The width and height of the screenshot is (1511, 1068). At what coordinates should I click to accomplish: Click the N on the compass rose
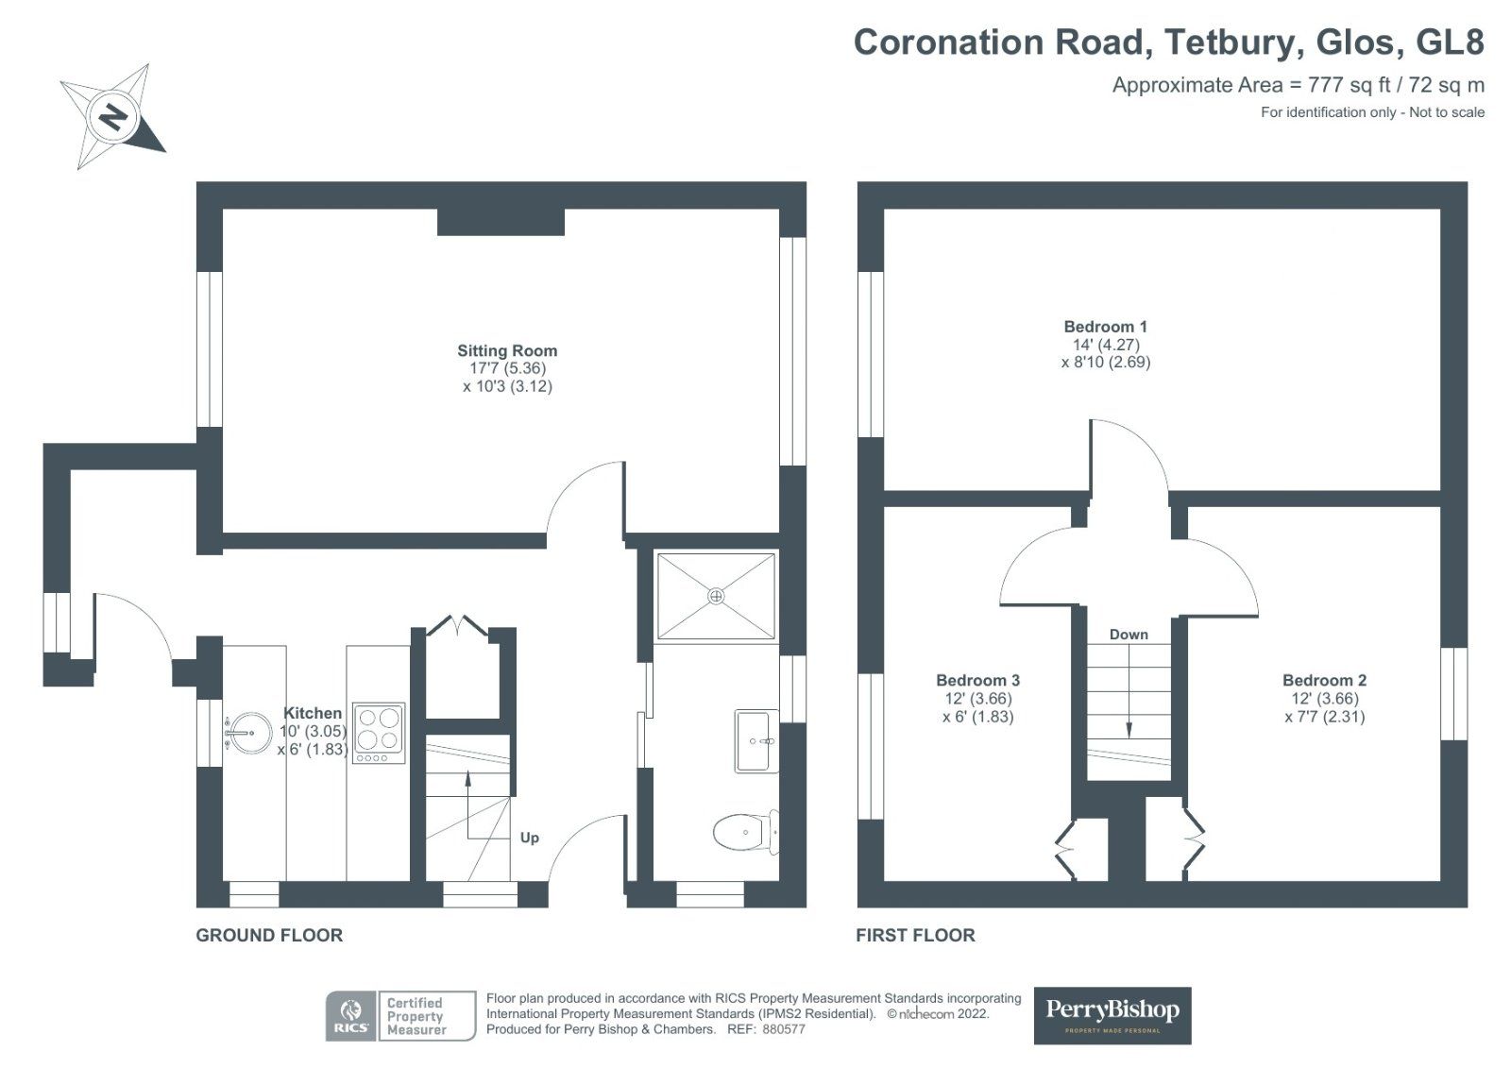pyautogui.click(x=113, y=118)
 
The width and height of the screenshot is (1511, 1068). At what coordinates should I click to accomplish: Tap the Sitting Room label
pyautogui.click(x=507, y=351)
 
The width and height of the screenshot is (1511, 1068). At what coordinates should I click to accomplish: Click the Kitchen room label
pyautogui.click(x=313, y=713)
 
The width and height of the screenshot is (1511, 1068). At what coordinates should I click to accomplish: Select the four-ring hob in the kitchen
pyautogui.click(x=379, y=734)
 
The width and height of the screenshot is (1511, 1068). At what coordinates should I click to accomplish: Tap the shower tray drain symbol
pyautogui.click(x=716, y=597)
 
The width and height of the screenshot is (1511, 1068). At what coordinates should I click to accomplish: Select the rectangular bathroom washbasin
pyautogui.click(x=756, y=740)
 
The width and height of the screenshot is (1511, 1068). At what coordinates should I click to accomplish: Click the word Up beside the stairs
pyautogui.click(x=530, y=838)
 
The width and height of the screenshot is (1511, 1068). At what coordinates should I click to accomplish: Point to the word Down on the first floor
pyautogui.click(x=1129, y=635)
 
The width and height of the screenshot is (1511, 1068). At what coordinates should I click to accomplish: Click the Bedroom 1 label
pyautogui.click(x=1106, y=327)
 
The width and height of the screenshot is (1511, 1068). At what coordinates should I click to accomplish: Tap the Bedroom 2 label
pyautogui.click(x=1325, y=680)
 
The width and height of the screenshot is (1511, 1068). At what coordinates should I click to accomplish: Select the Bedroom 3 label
pyautogui.click(x=978, y=680)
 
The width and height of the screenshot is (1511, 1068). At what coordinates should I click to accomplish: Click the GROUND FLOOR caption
pyautogui.click(x=269, y=935)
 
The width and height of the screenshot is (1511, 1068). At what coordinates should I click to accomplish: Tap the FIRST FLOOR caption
pyautogui.click(x=915, y=935)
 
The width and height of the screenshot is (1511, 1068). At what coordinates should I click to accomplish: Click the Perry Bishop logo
pyautogui.click(x=1112, y=1015)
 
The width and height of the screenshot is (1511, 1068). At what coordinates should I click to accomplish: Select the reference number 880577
pyautogui.click(x=784, y=1029)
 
